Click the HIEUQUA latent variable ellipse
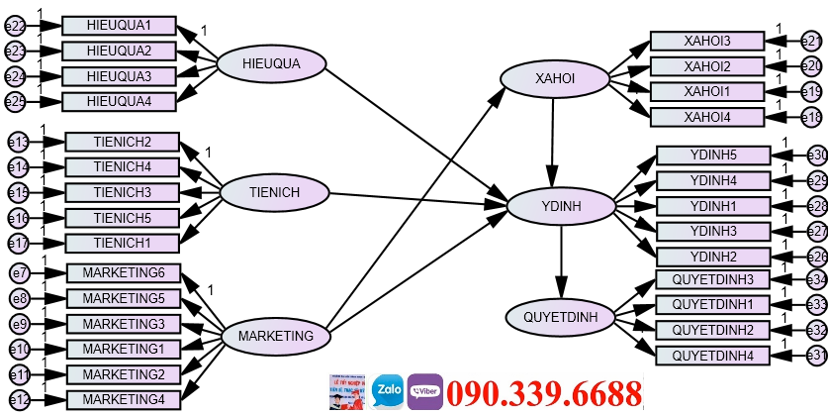click(x=270, y=64)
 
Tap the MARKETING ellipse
click(x=275, y=336)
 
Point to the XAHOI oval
click(x=553, y=78)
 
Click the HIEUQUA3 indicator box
click(x=119, y=76)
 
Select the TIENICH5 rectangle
click(x=123, y=217)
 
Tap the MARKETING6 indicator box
click(x=124, y=272)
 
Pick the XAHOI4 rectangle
click(x=706, y=117)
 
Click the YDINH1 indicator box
click(x=713, y=206)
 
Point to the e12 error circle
click(x=19, y=400)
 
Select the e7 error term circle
click(x=19, y=273)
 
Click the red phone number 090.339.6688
click(x=544, y=393)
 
